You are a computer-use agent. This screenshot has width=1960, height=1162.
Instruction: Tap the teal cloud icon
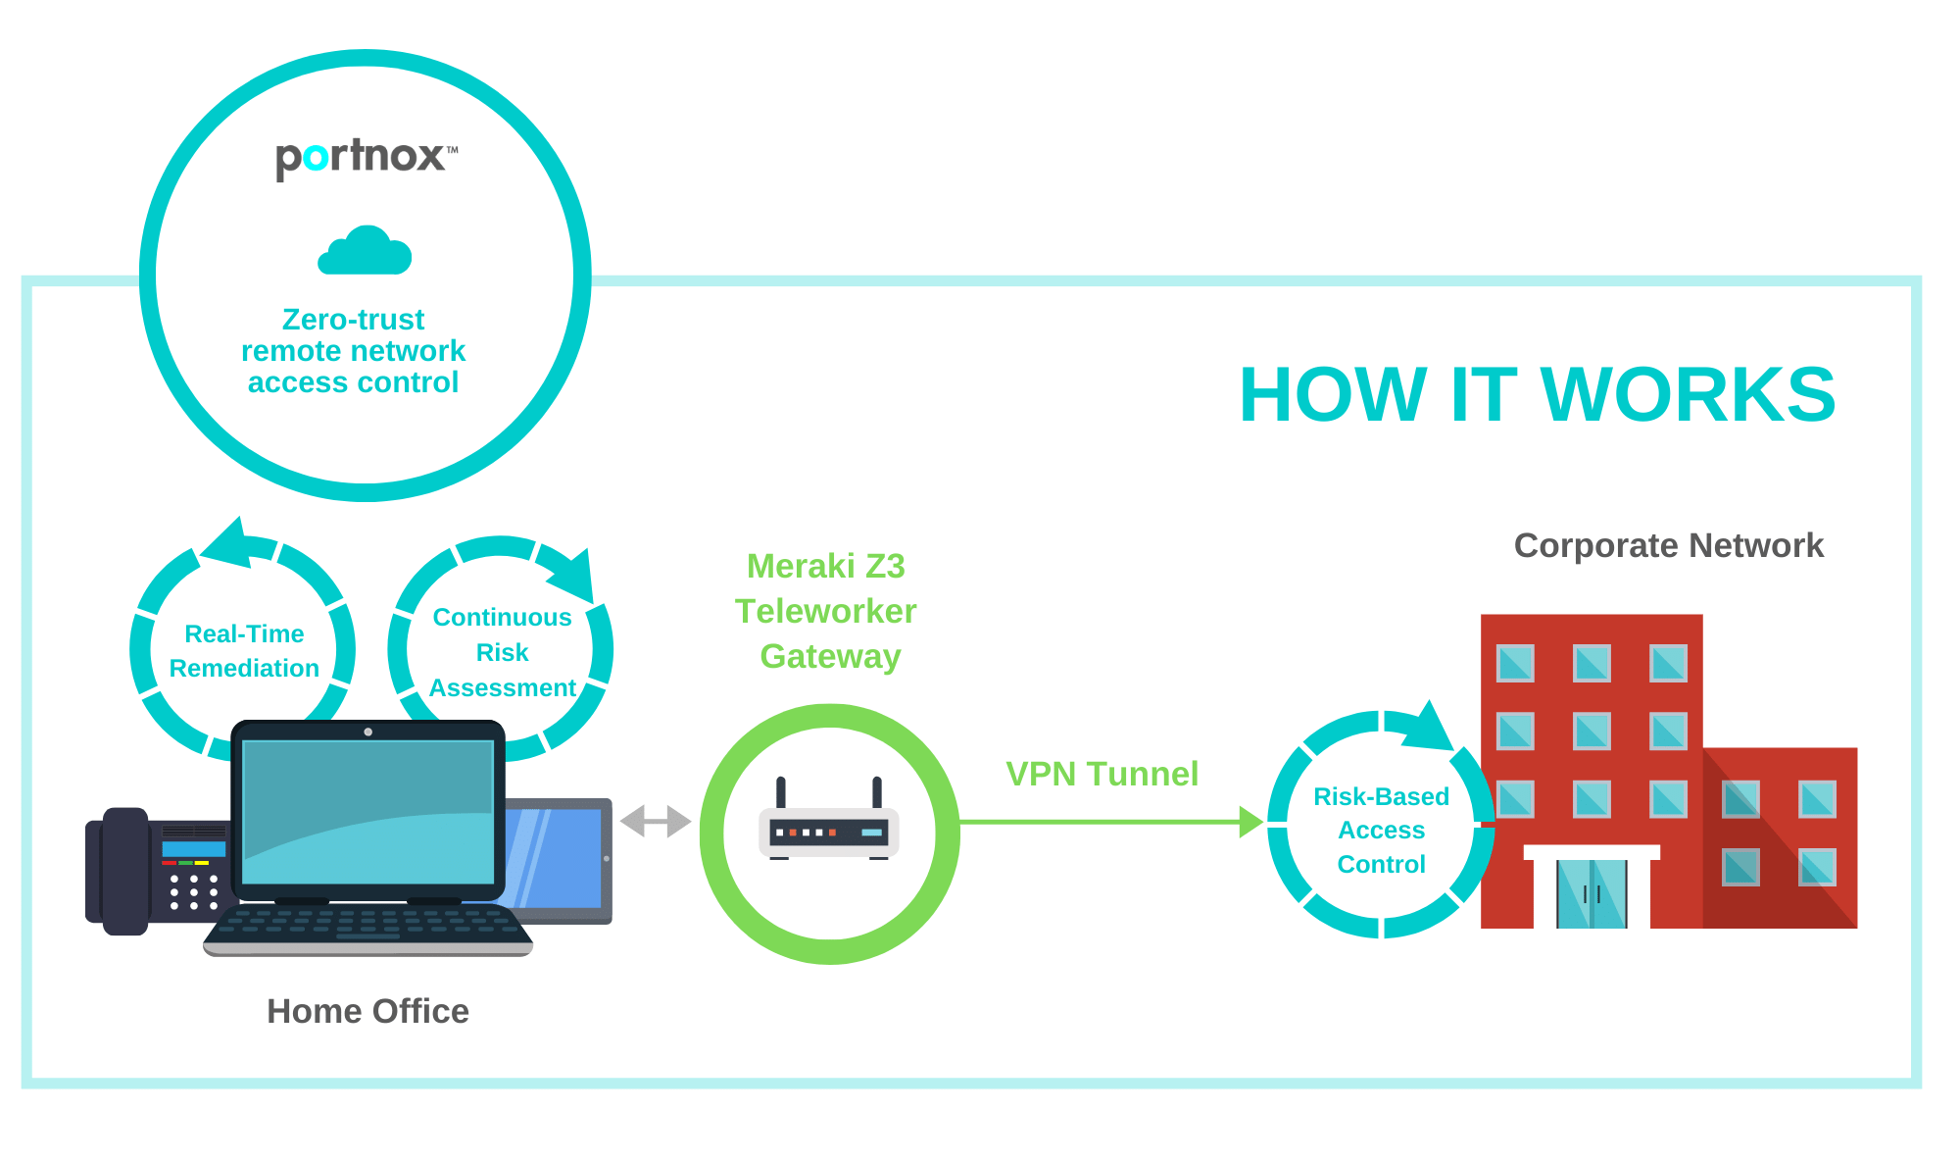click(365, 252)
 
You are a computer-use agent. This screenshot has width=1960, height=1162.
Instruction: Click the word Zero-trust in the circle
click(353, 320)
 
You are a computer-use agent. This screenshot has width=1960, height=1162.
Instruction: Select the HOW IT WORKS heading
click(1536, 394)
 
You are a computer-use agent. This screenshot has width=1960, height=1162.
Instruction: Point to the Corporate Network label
click(1668, 545)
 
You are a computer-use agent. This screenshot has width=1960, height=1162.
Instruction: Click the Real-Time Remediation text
click(244, 651)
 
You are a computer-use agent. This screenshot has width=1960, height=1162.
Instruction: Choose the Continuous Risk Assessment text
click(502, 652)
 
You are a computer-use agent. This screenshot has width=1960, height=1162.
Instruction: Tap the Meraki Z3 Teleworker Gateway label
click(826, 611)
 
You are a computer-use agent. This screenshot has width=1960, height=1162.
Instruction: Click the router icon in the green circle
click(829, 824)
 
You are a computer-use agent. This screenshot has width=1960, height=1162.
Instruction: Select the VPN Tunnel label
click(1102, 774)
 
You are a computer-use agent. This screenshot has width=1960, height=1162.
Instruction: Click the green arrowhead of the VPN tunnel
click(1250, 822)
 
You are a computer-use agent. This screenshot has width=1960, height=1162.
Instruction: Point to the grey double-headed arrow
click(656, 821)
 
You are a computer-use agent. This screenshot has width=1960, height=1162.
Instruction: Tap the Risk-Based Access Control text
click(1381, 830)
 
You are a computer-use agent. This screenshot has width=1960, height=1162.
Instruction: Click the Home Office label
click(367, 1011)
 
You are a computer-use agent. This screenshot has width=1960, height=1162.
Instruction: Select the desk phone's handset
click(124, 871)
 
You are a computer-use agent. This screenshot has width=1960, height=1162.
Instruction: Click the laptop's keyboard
click(367, 926)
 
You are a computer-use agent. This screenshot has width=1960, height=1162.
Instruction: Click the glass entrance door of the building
click(1592, 893)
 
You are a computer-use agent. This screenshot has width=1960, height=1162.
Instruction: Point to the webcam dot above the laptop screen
click(367, 732)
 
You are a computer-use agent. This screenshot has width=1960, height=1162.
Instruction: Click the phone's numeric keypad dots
click(193, 892)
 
